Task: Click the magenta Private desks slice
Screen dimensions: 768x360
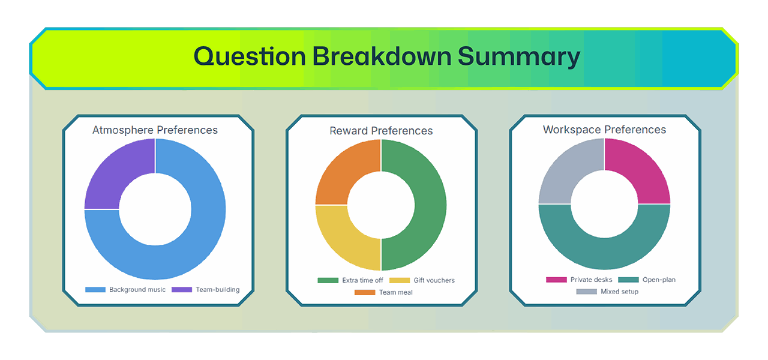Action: [x=644, y=172]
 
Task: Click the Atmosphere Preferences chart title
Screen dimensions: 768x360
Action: [x=155, y=130]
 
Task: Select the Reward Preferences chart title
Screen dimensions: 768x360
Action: [x=381, y=131]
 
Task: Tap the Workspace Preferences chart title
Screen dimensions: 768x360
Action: [x=604, y=130]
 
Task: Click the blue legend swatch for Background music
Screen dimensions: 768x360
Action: [x=95, y=290]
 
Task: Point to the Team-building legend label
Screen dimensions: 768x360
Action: [x=218, y=290]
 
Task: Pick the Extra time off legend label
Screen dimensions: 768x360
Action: [x=362, y=280]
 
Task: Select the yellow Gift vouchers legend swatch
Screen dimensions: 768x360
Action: [x=400, y=280]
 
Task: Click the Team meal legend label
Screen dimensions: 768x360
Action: [x=395, y=292]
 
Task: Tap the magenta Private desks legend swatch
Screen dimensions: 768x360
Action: [x=556, y=280]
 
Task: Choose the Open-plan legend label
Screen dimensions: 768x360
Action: [x=659, y=280]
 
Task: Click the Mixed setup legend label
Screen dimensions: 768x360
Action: [x=620, y=292]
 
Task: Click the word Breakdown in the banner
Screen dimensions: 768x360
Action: [x=382, y=56]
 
